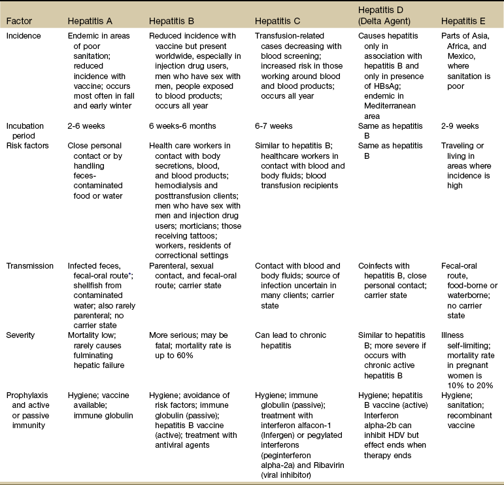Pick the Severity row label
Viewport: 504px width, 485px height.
tap(22, 335)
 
